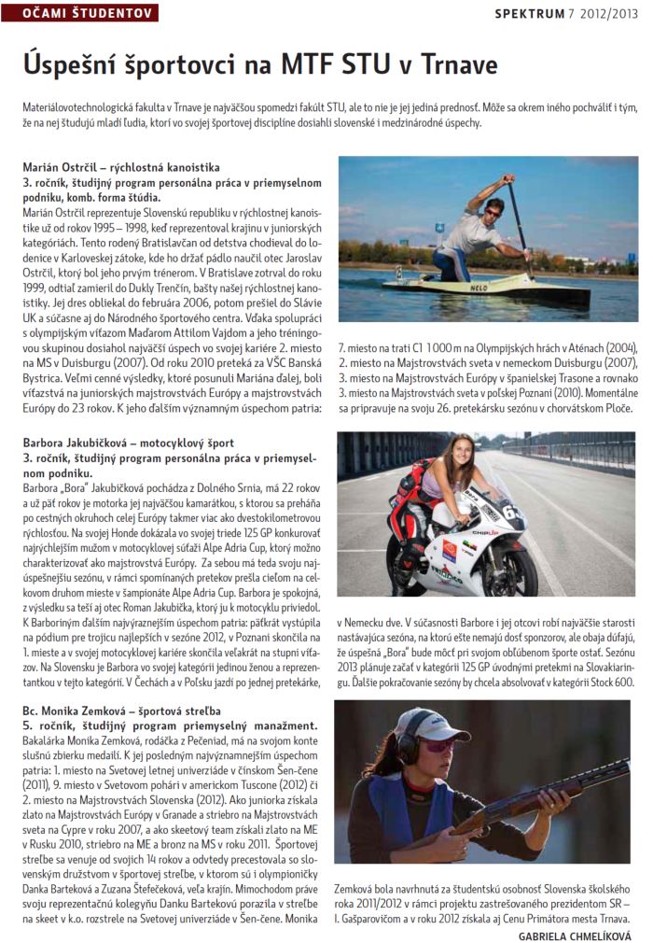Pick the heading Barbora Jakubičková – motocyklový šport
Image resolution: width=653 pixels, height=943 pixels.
[128, 442]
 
